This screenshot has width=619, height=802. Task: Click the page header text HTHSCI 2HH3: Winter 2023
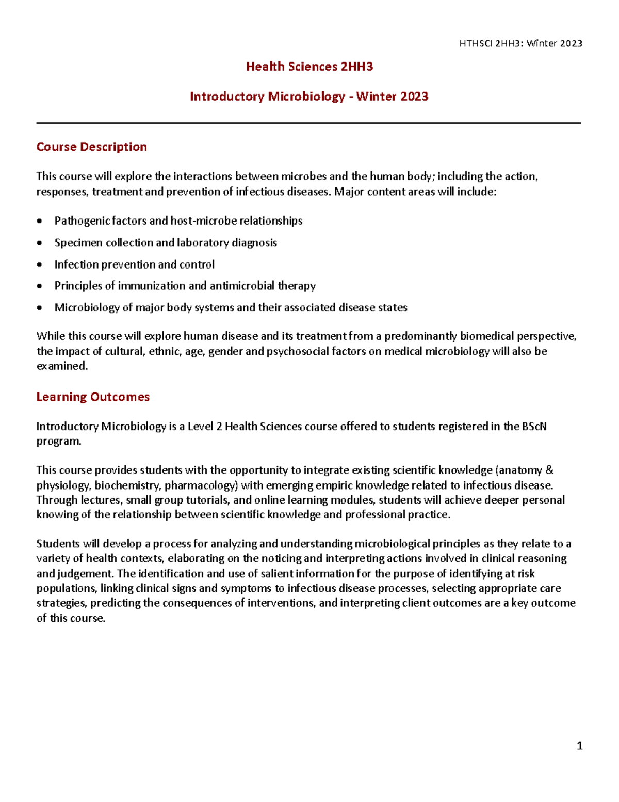point(520,43)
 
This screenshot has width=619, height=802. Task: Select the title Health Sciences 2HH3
point(309,67)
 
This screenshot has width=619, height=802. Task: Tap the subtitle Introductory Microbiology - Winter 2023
point(309,97)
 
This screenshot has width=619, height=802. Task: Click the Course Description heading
point(91,147)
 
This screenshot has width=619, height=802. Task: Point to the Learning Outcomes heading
point(93,397)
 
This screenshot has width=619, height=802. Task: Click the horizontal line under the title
point(308,123)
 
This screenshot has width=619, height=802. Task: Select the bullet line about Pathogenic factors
point(178,221)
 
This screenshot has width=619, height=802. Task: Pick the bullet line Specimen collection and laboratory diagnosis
point(166,243)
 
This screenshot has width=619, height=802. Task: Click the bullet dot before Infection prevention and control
point(40,265)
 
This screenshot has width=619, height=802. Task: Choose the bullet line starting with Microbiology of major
point(231,308)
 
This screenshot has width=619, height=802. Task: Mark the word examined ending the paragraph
point(61,366)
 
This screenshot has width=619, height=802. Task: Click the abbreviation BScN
point(534,427)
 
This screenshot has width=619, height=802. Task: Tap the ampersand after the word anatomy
point(549,470)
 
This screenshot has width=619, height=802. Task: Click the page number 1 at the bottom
point(580,745)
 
